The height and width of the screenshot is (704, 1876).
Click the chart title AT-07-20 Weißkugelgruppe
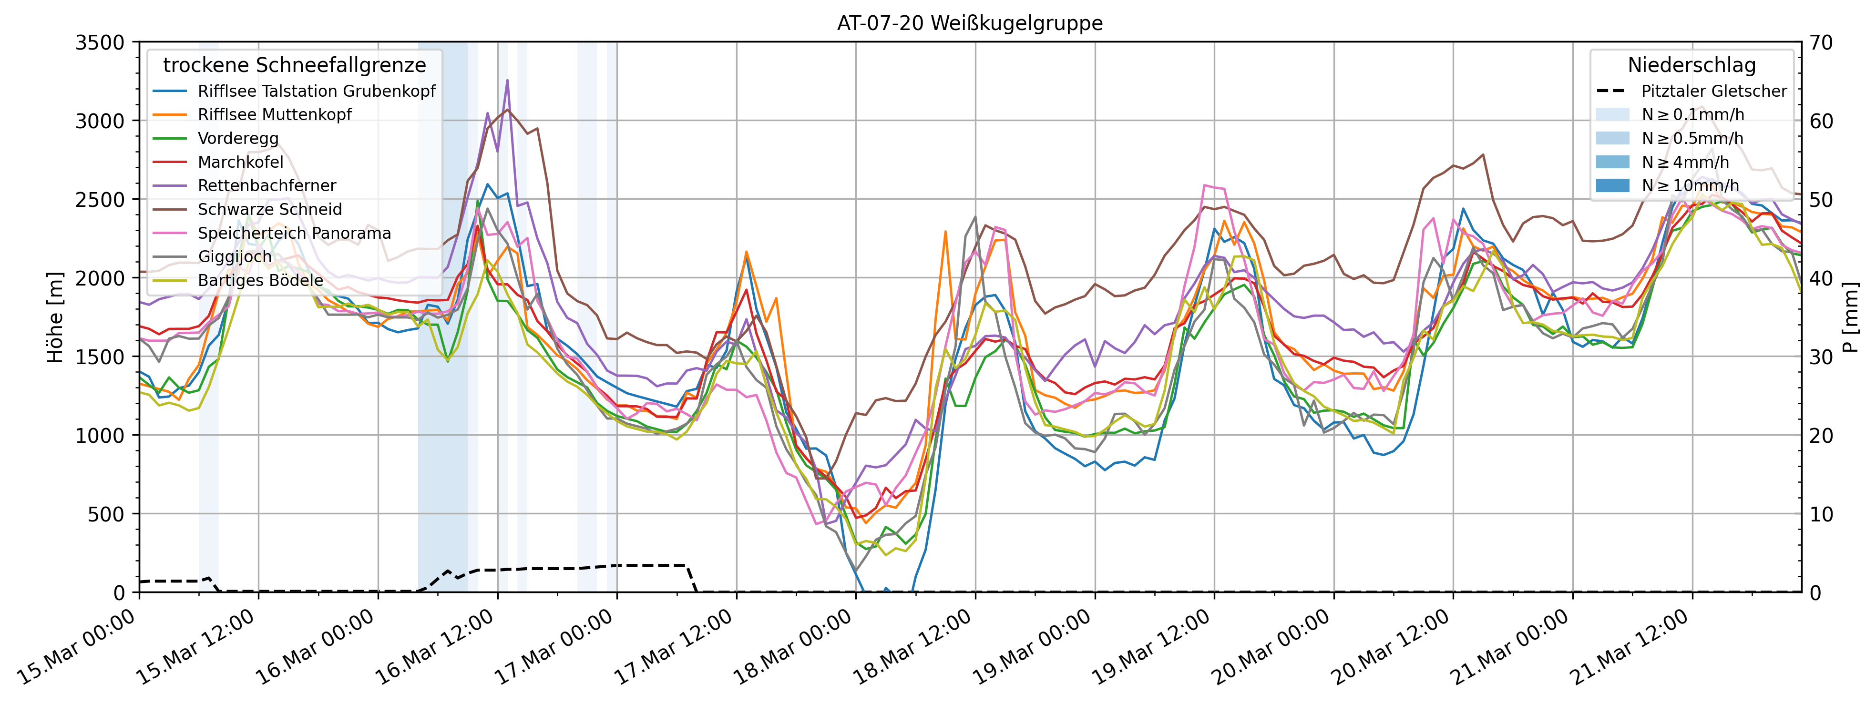click(x=969, y=23)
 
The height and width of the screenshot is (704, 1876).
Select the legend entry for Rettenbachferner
click(x=267, y=185)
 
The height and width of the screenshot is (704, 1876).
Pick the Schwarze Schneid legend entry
click(x=269, y=210)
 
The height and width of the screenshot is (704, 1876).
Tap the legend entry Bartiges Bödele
click(x=260, y=280)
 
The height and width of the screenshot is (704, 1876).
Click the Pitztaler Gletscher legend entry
click(x=1713, y=91)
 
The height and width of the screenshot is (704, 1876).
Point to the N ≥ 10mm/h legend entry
click(x=1690, y=185)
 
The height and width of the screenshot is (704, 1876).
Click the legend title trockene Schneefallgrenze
click(x=294, y=65)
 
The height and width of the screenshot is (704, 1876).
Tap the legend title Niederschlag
click(x=1691, y=65)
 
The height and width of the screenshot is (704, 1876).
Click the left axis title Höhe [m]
click(x=55, y=317)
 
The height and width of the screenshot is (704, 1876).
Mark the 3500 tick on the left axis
click(x=101, y=42)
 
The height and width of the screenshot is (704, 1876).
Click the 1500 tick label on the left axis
click(x=101, y=357)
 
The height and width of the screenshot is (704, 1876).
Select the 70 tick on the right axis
click(x=1821, y=42)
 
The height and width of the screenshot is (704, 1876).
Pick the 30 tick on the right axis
click(x=1821, y=357)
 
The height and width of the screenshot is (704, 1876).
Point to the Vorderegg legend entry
click(x=238, y=138)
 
